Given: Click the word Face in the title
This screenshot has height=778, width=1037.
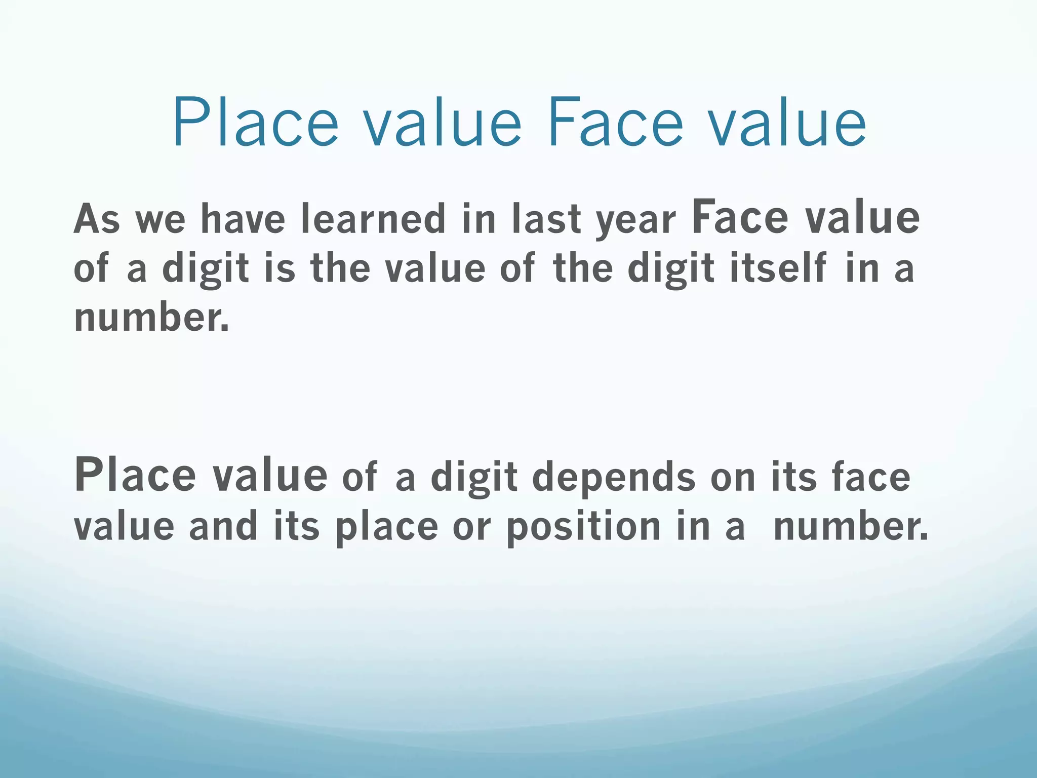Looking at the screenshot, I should point(615,124).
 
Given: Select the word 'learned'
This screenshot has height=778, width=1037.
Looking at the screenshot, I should point(373,219).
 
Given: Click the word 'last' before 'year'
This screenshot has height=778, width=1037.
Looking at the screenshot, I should point(546,219).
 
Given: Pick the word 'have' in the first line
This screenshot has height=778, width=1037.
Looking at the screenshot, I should point(243,219).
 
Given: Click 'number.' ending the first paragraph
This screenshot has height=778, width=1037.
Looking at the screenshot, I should point(151,318).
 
